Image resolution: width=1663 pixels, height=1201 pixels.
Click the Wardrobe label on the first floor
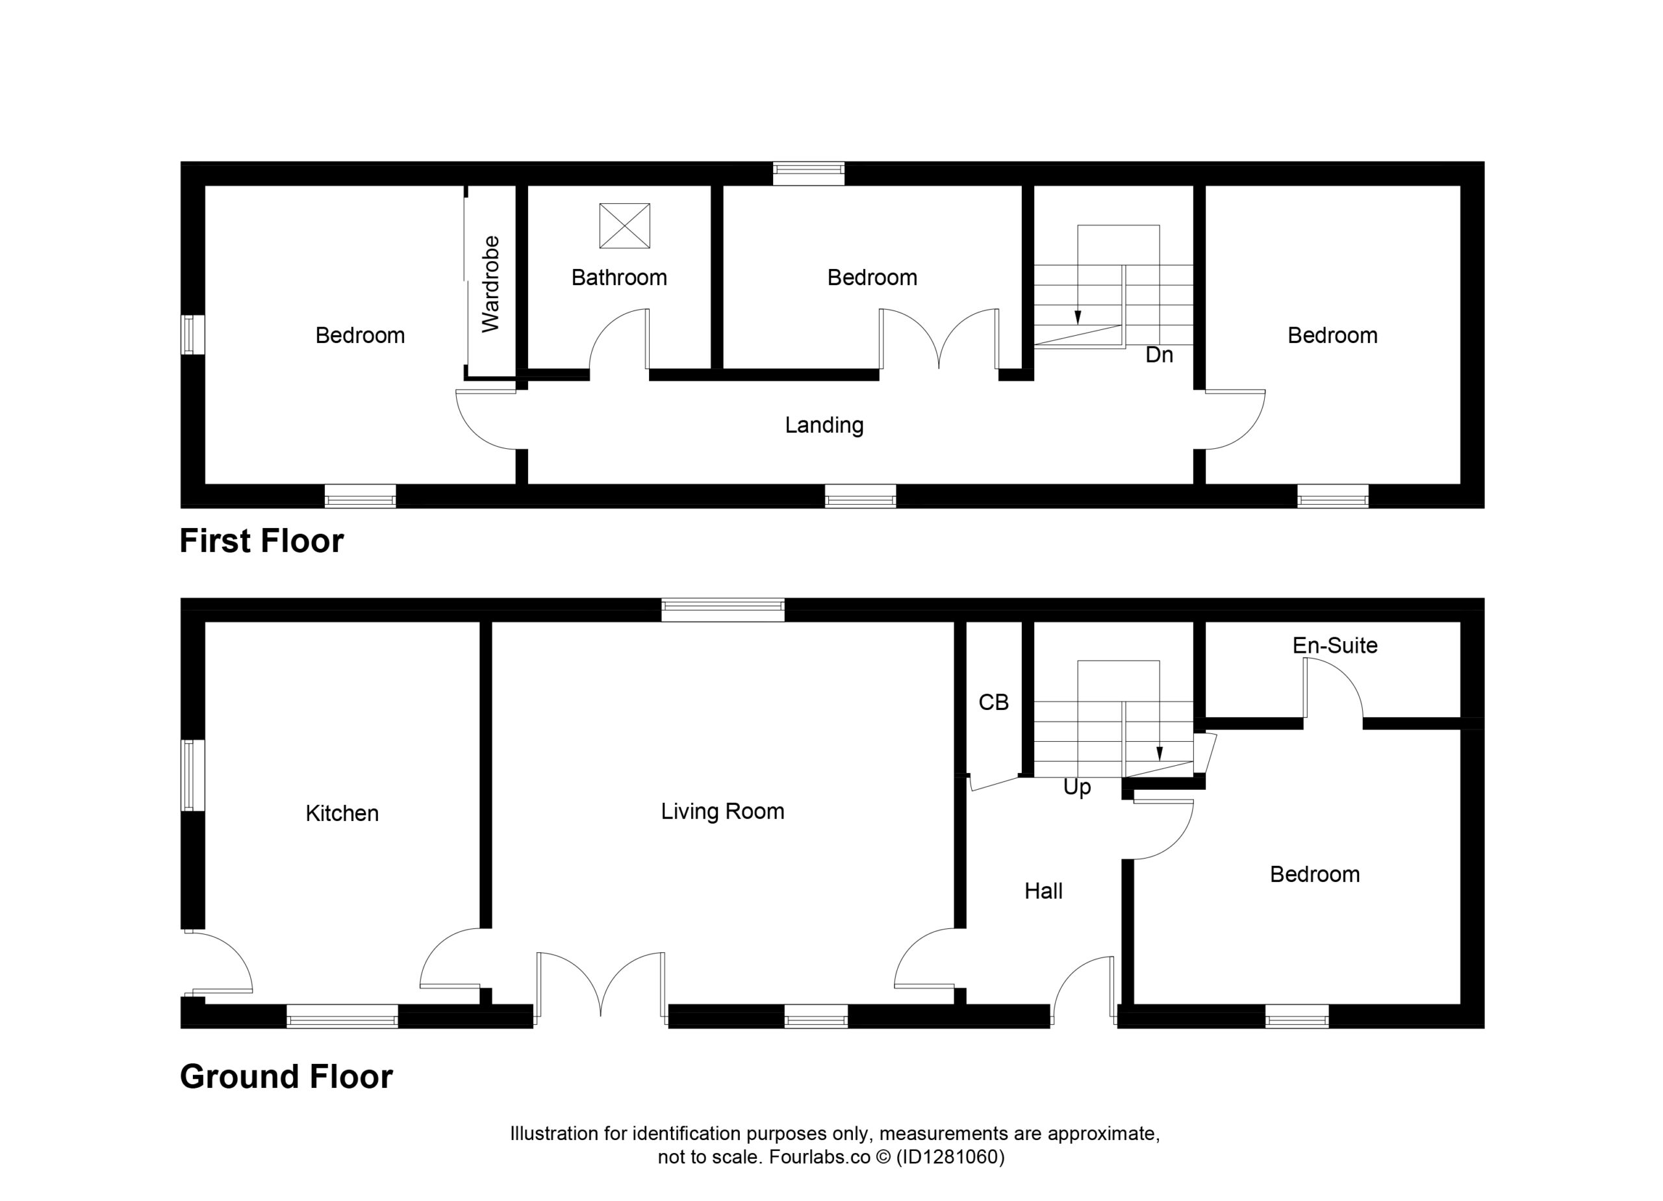pyautogui.click(x=490, y=284)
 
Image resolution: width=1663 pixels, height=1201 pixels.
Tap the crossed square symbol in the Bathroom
pyautogui.click(x=625, y=226)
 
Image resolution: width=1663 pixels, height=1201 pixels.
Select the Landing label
pyautogui.click(x=824, y=425)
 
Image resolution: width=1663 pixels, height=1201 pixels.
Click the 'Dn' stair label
pyautogui.click(x=1160, y=355)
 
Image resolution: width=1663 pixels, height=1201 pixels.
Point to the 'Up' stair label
pyautogui.click(x=1077, y=787)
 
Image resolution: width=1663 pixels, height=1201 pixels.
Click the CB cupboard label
pyautogui.click(x=993, y=702)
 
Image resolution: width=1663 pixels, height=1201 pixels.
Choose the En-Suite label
pyautogui.click(x=1334, y=645)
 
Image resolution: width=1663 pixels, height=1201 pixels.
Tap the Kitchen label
pyautogui.click(x=342, y=813)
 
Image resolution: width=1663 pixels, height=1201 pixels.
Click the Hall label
pyautogui.click(x=1043, y=891)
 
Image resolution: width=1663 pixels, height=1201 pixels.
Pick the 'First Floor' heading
pyautogui.click(x=262, y=541)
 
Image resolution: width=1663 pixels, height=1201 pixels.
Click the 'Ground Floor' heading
pyautogui.click(x=286, y=1076)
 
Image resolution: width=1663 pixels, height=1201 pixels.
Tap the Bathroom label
pyautogui.click(x=619, y=278)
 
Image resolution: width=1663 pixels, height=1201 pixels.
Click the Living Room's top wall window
pyautogui.click(x=723, y=610)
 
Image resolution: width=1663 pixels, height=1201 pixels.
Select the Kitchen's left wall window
pyautogui.click(x=192, y=776)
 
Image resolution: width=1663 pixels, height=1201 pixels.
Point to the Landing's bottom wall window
pyautogui.click(x=860, y=496)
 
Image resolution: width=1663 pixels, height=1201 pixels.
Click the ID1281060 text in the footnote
pyautogui.click(x=950, y=1157)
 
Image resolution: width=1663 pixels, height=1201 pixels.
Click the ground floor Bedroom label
pyautogui.click(x=1315, y=874)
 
